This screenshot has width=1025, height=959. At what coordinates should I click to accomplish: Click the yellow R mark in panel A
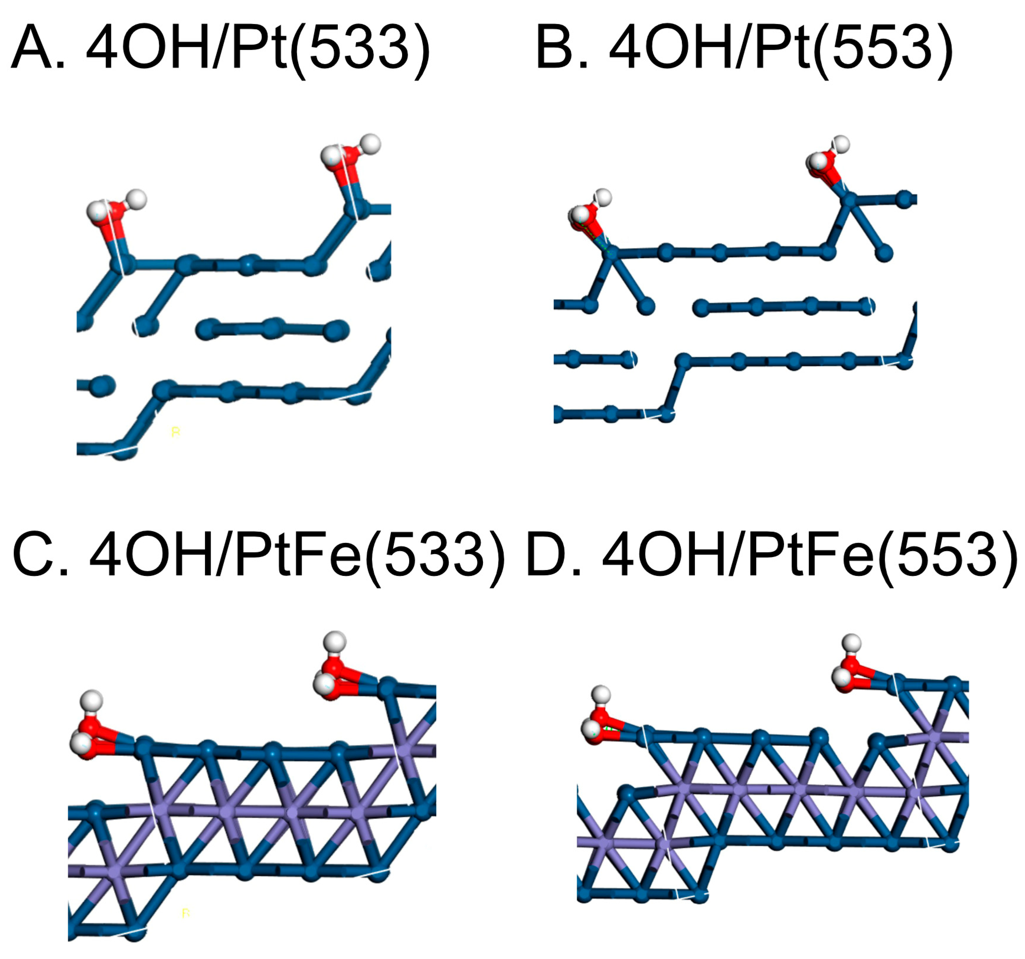(175, 432)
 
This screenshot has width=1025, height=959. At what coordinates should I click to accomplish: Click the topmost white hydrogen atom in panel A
(369, 144)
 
